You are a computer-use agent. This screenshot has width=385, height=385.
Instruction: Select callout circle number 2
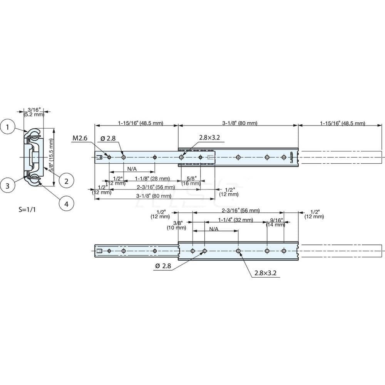coord(66,180)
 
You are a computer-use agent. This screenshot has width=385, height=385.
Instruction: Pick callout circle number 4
coord(66,204)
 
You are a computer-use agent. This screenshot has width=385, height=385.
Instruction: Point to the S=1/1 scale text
coord(28,210)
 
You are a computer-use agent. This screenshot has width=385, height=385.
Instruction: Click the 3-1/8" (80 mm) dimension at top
coord(238,124)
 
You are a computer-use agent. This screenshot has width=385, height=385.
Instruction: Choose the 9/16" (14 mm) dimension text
coord(275,223)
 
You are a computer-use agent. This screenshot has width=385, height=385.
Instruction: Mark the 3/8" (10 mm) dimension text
coord(177,225)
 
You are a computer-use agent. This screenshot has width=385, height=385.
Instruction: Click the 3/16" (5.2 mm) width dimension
coord(33,112)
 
